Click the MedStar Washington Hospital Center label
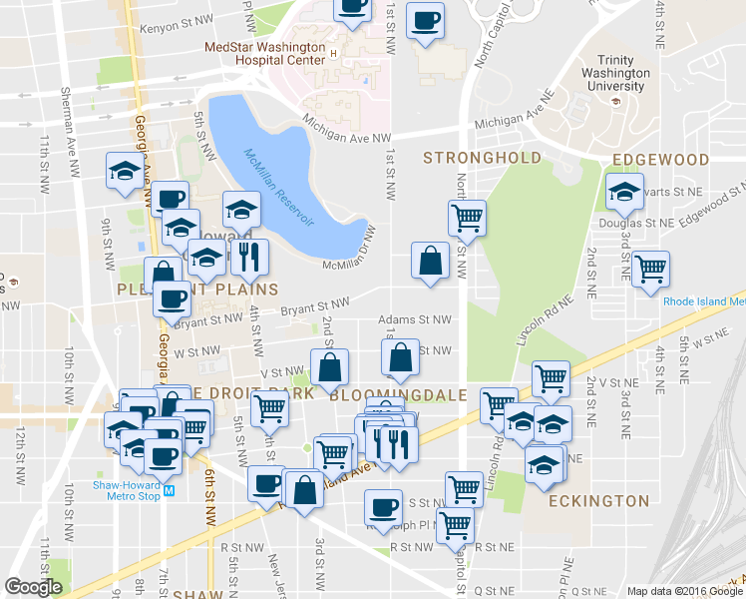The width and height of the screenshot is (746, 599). pos(263,53)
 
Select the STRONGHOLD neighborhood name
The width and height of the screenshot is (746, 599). pos(482,158)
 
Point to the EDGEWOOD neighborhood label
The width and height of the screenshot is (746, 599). pos(660,159)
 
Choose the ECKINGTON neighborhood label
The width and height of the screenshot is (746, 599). pos(598,500)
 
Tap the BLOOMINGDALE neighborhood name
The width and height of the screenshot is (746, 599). pos(398,395)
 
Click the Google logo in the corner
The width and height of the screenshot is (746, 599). pos(33,587)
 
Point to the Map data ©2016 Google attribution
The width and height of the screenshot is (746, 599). pos(684,591)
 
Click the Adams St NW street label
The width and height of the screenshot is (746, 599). pos(415,320)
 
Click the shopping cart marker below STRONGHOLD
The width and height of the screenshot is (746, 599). pos(467,216)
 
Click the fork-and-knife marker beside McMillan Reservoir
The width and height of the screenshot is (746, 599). pos(249,257)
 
